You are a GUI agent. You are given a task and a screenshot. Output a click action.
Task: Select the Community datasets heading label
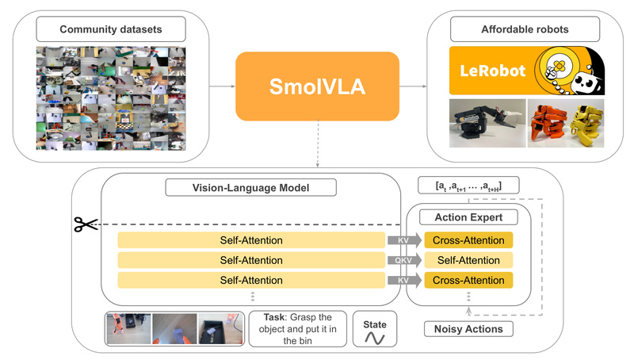(x=111, y=30)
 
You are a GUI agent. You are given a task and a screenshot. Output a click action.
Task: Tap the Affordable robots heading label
(x=525, y=30)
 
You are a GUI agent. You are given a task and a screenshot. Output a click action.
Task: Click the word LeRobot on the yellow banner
(x=493, y=71)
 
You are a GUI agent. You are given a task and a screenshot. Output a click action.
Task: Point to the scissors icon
(x=85, y=224)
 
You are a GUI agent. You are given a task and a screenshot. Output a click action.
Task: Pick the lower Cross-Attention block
(x=468, y=280)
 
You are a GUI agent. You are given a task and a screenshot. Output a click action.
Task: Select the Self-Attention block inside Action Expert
(x=468, y=259)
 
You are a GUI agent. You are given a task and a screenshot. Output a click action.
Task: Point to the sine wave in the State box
(x=374, y=337)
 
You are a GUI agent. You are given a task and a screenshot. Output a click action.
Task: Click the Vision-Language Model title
(x=250, y=189)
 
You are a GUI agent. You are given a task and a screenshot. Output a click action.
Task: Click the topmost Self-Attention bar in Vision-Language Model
(x=250, y=239)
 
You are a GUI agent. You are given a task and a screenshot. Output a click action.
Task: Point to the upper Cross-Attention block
(x=468, y=239)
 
